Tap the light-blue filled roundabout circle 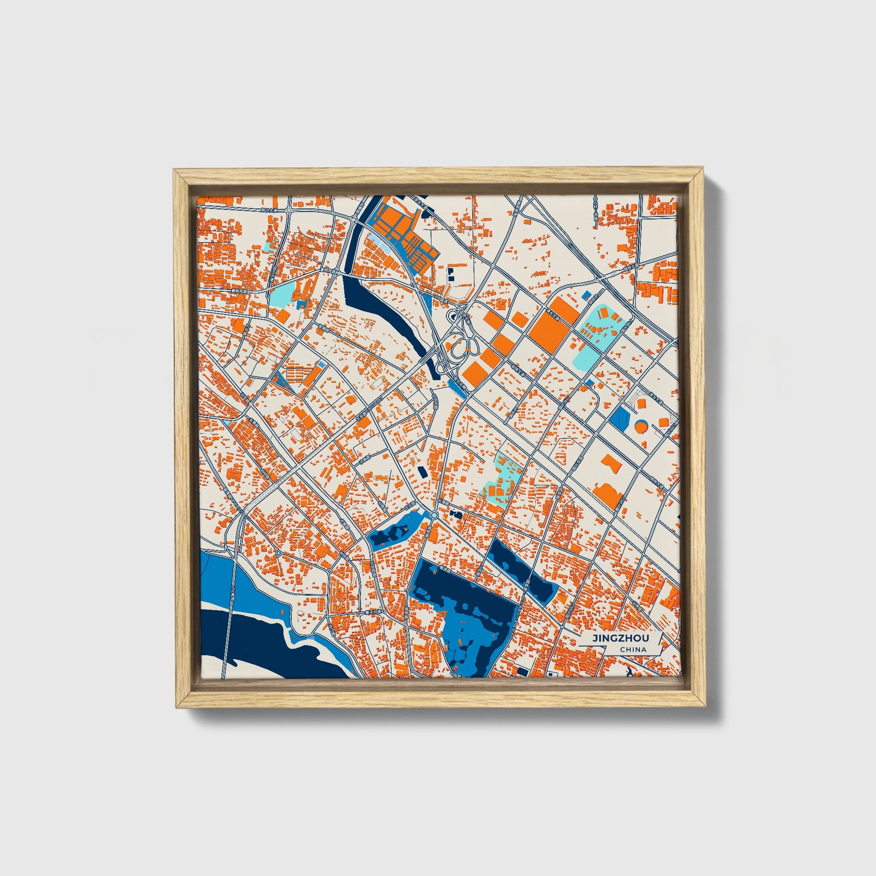coord(434,516)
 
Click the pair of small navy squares coord(451,273)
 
